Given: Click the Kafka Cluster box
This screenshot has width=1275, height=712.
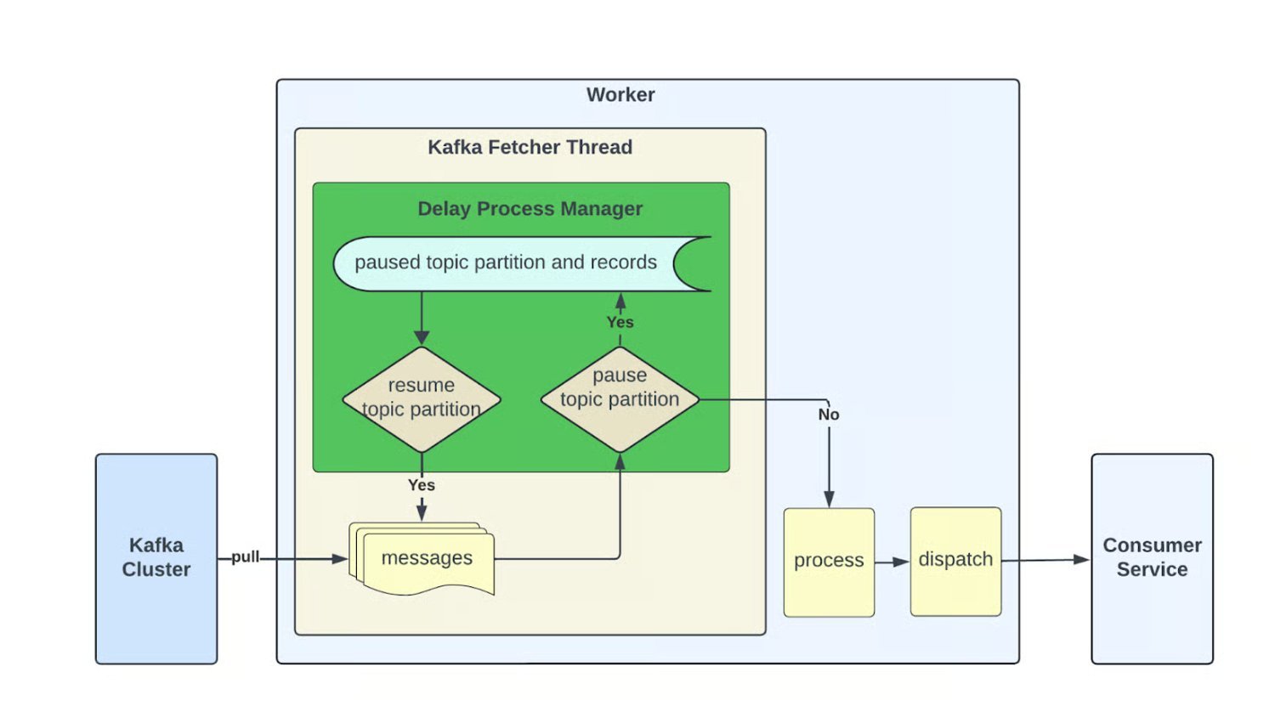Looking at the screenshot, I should [156, 558].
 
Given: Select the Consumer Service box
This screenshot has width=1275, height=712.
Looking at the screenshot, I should [1152, 558].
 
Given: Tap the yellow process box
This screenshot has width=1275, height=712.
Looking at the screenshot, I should [829, 562].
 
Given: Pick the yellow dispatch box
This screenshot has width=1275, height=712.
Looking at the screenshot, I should [955, 561].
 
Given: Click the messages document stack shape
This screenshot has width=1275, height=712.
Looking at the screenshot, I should [425, 558].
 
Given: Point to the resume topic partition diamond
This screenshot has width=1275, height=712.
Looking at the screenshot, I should [422, 398].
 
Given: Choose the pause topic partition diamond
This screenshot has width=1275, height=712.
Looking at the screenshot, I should [620, 398].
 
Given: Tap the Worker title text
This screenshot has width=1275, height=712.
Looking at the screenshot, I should [620, 94].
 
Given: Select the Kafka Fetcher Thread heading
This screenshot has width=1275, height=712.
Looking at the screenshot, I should [530, 147].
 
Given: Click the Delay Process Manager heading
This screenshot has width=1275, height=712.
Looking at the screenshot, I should [530, 209].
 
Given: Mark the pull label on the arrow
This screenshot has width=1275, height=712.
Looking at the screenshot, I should [245, 557].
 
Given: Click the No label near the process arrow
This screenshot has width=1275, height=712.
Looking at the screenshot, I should [829, 415].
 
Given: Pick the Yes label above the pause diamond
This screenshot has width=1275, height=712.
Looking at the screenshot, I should [620, 322].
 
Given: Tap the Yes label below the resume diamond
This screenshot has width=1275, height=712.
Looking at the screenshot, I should [422, 485].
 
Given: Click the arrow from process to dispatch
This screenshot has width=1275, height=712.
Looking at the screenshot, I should [892, 562].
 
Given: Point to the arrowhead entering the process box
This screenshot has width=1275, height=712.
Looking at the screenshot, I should [829, 499].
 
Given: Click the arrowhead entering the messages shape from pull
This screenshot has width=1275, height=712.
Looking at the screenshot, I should [339, 558].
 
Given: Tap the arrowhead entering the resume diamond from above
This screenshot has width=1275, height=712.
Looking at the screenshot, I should [422, 337].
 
